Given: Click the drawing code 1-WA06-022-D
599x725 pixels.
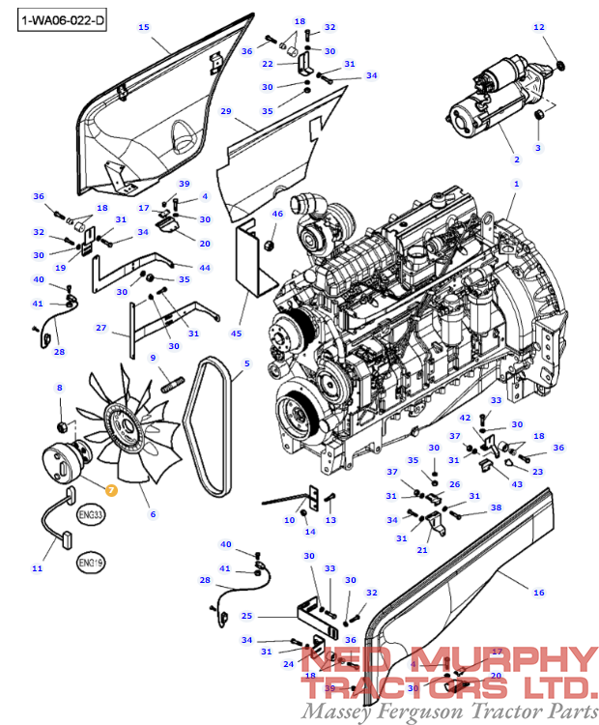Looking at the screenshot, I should click(60, 19).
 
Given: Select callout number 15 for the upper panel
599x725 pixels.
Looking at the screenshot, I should click(144, 27).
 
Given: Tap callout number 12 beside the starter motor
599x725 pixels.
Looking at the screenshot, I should click(539, 27).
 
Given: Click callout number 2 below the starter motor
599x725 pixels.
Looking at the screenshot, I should click(516, 159).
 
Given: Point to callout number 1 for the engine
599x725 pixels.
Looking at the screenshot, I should click(517, 183).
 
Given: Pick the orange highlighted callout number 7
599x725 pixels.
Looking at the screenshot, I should click(111, 491).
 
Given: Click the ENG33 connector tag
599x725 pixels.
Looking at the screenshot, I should click(92, 516).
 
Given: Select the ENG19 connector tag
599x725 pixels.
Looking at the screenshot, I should click(92, 562).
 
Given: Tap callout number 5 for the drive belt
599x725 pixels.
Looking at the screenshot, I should click(246, 363).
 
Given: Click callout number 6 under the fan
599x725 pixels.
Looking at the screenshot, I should click(153, 514).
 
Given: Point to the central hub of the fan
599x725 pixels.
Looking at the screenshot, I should click(126, 422).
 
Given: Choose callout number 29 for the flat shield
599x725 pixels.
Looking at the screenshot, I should click(226, 112).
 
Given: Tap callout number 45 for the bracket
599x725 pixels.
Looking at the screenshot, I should click(237, 333).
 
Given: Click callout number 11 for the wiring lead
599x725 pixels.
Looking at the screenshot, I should click(37, 568).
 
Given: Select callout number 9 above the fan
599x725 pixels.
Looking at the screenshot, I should click(153, 359).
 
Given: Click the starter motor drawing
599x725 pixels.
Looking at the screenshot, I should click(498, 97).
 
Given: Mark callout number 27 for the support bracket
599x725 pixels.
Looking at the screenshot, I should click(100, 329).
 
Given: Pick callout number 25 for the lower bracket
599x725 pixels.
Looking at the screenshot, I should click(246, 616).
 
